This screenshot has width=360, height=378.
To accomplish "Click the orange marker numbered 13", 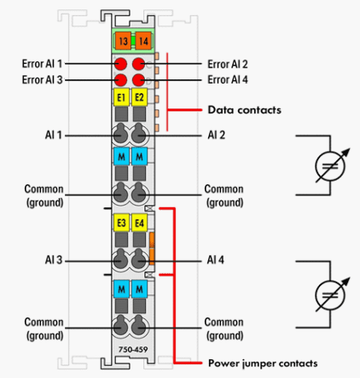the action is [123, 41].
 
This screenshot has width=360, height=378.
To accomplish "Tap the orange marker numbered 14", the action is [143, 41].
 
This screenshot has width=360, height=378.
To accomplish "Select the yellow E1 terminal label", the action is [121, 97].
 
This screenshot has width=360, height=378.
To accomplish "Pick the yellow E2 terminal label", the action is [139, 97].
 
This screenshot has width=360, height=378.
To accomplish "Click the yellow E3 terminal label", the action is [121, 223].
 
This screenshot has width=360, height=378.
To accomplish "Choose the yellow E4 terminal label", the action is [139, 223].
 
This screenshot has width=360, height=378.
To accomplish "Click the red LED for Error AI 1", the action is [121, 64].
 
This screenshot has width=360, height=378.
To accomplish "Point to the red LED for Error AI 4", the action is [139, 80].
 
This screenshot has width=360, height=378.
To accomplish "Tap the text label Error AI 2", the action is [228, 64].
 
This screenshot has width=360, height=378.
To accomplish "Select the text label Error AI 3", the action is [42, 79].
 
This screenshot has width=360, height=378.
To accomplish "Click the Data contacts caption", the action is [245, 110].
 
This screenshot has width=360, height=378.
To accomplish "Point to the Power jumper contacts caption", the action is [263, 363].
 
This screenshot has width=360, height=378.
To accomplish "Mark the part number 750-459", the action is [133, 349].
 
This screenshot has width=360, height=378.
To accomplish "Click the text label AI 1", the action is [54, 135].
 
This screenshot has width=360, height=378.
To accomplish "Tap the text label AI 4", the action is [215, 259].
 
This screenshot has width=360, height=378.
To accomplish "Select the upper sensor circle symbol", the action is [330, 166].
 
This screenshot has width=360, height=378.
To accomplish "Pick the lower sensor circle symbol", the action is [330, 295].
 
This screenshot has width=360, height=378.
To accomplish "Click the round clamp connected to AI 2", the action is [139, 134].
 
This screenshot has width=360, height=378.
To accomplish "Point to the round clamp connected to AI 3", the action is [121, 259].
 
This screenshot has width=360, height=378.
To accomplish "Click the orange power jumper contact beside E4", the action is [152, 248].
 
